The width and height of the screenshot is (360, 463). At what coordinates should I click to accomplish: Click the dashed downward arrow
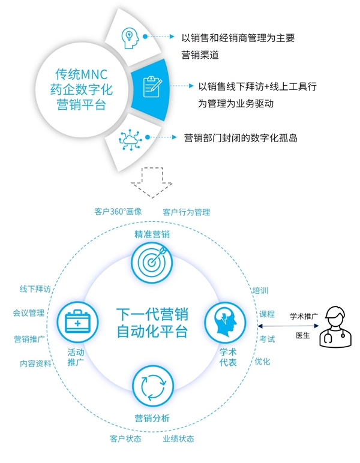[151, 182]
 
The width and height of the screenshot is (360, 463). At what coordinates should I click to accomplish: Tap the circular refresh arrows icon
[151, 386]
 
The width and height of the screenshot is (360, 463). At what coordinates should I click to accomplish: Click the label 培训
[260, 290]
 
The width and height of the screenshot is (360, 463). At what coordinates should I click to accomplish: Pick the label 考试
[267, 339]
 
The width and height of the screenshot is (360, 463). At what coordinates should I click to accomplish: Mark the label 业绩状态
[178, 438]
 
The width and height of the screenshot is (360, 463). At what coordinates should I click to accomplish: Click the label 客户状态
[125, 438]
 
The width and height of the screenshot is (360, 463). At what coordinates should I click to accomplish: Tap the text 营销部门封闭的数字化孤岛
[241, 138]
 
